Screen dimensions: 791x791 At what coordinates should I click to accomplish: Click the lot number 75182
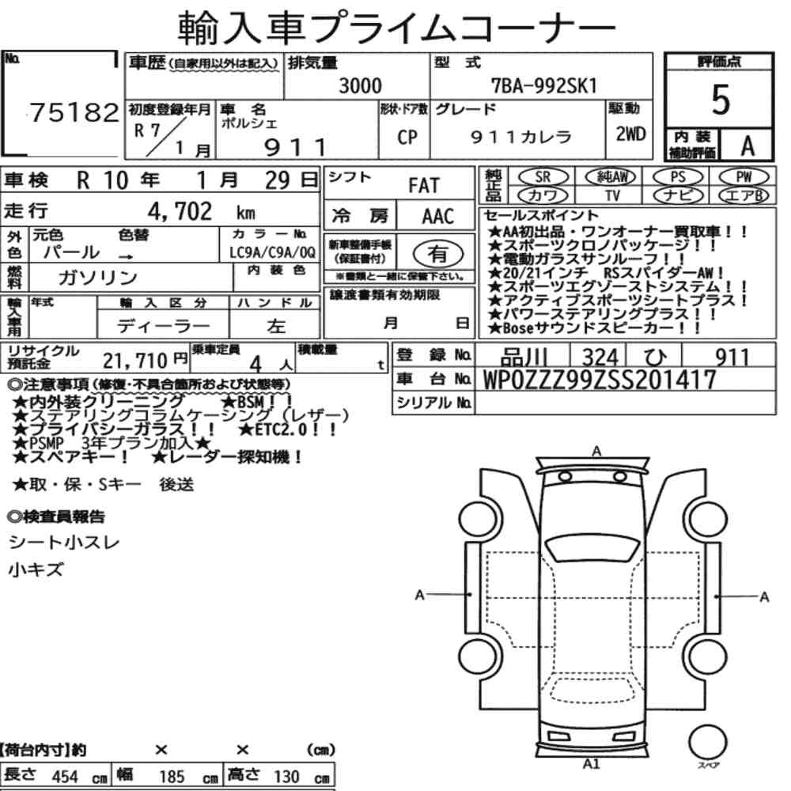pos(74,112)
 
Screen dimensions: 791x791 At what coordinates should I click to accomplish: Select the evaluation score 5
pos(721,100)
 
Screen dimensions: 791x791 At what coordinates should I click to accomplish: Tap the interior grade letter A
pos(747,146)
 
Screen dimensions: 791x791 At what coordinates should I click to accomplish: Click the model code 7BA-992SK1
pos(544,85)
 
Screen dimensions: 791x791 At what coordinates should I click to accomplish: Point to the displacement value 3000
pos(360,85)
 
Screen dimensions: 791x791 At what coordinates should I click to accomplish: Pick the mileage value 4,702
pos(180,211)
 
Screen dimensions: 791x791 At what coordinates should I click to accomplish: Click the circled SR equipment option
pos(543,177)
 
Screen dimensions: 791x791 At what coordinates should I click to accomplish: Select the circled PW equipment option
pos(744,177)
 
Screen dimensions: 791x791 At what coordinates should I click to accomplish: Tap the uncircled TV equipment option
pos(612,195)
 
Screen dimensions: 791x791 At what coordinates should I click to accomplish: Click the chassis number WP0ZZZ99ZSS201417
pos(600,380)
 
